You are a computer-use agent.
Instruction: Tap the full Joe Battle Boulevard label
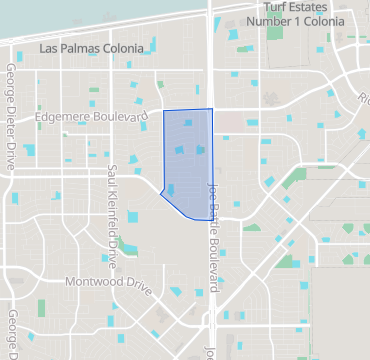pos(212,230)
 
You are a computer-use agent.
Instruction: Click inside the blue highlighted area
pos(187,160)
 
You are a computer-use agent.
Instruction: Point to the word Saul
pos(112,176)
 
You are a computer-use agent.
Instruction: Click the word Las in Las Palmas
pos(48,48)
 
